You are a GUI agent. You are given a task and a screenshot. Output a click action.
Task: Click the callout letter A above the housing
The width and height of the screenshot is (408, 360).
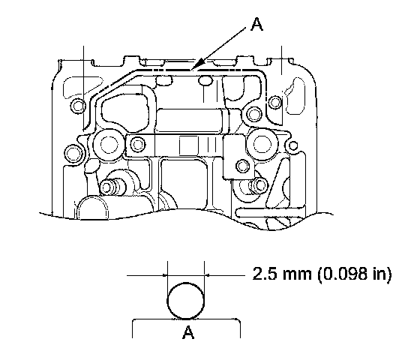click(256, 25)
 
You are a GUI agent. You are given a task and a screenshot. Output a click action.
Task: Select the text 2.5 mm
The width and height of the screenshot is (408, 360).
click(282, 274)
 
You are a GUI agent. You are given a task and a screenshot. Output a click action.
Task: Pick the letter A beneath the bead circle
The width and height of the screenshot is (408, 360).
click(188, 332)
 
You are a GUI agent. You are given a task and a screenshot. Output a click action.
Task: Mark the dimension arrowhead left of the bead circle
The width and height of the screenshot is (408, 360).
click(165, 275)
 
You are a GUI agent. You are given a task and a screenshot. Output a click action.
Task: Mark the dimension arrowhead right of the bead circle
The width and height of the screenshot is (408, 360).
click(208, 274)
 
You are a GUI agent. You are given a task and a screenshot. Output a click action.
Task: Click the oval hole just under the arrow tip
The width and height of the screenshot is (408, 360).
click(205, 81)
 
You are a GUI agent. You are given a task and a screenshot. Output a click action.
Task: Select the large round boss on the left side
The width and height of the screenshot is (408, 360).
click(109, 144)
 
